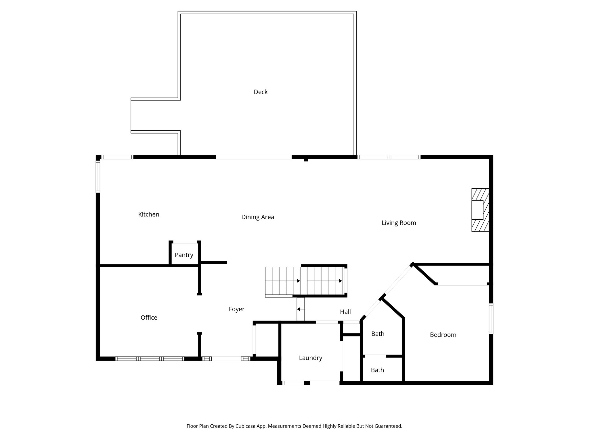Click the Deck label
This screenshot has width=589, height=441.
point(261,92)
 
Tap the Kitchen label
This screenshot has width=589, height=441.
point(149,214)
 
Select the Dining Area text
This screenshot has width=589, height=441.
point(258,217)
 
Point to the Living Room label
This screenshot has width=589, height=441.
point(399,223)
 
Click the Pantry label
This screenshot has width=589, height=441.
point(184,255)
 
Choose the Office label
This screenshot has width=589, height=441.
point(149,318)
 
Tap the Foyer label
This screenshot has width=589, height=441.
point(237,309)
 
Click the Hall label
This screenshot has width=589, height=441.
point(345,312)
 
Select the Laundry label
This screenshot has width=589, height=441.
point(311,358)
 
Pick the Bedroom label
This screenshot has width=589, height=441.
point(443,335)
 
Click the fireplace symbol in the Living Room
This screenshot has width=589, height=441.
point(480,210)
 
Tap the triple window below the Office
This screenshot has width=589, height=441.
point(150,359)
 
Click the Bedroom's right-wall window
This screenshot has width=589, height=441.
point(491,319)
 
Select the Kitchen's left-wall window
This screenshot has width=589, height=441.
point(98,176)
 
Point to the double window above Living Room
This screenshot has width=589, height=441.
point(389,157)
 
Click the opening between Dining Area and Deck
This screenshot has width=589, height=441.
point(254,157)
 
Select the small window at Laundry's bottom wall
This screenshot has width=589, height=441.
point(293,383)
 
